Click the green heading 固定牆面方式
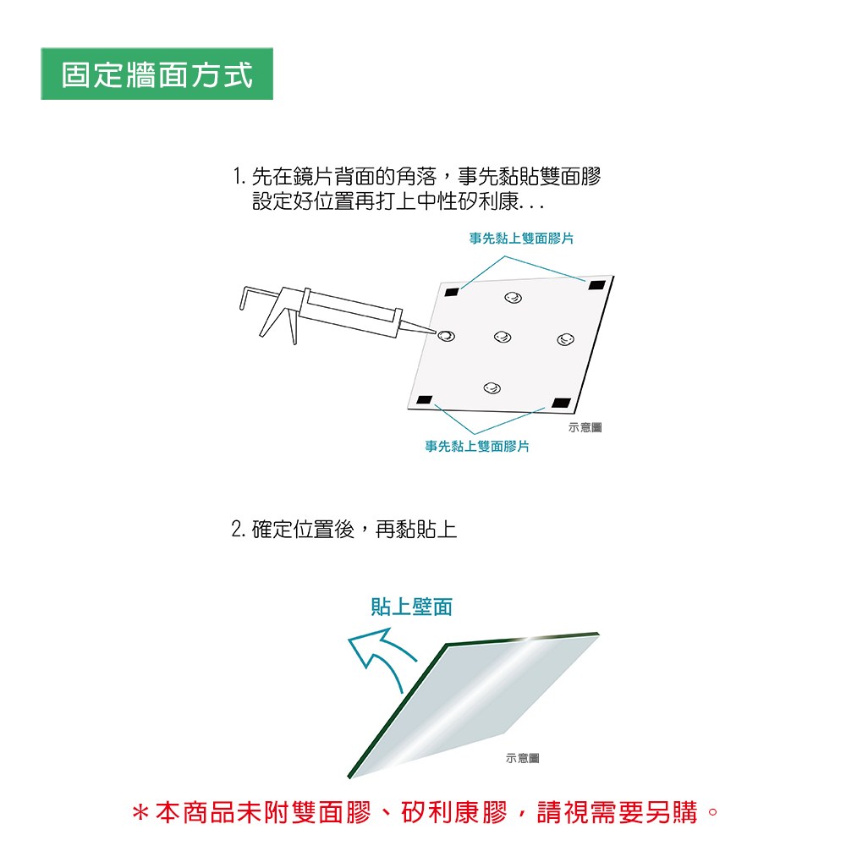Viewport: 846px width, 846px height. pos(157,74)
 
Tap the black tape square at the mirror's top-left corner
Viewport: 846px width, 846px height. pos(452,293)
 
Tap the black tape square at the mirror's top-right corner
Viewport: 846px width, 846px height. pos(596,285)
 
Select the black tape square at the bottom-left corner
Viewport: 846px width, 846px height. pos(425,400)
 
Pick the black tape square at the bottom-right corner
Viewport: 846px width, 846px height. pos(561,403)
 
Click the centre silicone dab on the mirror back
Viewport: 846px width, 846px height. pos(503,337)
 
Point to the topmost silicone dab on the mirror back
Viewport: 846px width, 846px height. pos(514,297)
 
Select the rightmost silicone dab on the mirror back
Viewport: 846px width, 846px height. pos(565,339)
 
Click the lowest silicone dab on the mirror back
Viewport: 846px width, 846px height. pos(492,387)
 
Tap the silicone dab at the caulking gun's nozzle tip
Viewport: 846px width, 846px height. pos(446,336)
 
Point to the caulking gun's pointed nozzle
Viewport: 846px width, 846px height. pos(419,327)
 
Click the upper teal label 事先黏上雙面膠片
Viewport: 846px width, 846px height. pos(521,239)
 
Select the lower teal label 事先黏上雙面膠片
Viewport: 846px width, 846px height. pos(477,446)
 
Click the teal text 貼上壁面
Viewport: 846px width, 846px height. pos(412,607)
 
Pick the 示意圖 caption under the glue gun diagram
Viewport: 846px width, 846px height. pos(585,427)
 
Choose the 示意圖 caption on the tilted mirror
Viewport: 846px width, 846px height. pos(522,758)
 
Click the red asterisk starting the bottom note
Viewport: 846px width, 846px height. pos(140,813)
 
